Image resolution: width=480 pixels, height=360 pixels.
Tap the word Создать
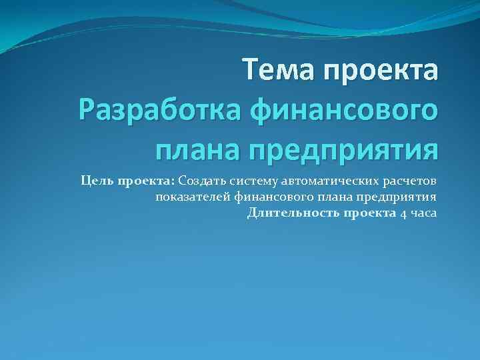point(202,181)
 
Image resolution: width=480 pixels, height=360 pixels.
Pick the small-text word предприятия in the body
point(399,197)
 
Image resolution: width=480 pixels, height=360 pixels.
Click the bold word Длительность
point(293,213)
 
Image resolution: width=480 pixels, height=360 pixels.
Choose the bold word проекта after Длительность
point(370,213)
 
